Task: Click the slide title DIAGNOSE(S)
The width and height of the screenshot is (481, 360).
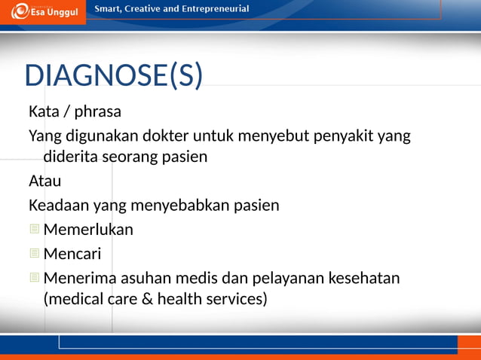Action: click(114, 75)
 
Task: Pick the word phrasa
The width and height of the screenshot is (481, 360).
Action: click(98, 112)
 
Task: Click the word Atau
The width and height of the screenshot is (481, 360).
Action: click(44, 182)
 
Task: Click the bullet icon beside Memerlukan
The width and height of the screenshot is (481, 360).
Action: click(34, 230)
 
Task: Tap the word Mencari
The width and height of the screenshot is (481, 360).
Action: click(72, 254)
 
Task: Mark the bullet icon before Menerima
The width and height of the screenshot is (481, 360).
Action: click(34, 278)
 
